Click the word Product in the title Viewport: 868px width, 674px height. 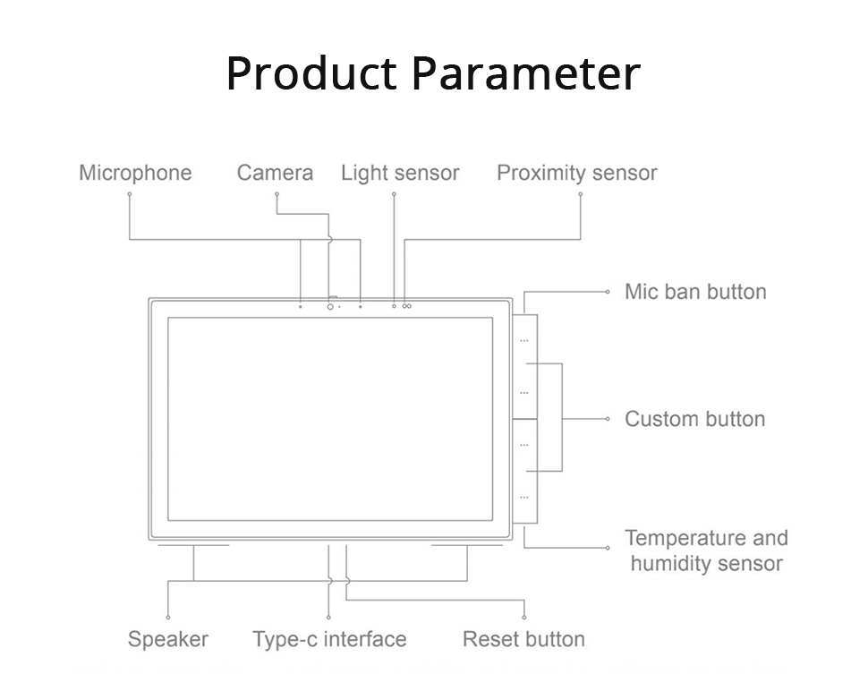click(x=311, y=73)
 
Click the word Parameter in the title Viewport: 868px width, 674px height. click(x=526, y=73)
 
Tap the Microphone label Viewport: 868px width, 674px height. click(x=135, y=173)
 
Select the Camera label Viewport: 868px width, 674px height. click(x=275, y=173)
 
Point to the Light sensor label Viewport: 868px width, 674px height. click(x=400, y=174)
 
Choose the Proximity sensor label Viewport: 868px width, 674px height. click(x=577, y=174)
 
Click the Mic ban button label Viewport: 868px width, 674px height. click(x=696, y=292)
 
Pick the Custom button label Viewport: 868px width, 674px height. click(x=695, y=419)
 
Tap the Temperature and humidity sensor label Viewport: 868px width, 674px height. click(x=706, y=550)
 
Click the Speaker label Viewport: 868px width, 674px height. click(x=168, y=639)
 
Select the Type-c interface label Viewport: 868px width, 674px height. click(x=329, y=639)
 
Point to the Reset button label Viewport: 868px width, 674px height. click(x=523, y=639)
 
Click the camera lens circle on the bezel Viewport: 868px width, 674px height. click(x=330, y=306)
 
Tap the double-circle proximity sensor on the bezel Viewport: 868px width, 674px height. click(x=407, y=306)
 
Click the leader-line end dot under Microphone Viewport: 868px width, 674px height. click(x=130, y=194)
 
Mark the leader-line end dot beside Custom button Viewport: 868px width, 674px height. click(x=608, y=419)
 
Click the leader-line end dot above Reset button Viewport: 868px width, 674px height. click(x=524, y=617)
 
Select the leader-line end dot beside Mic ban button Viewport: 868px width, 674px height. click(x=608, y=292)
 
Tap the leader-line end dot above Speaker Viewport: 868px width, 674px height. click(x=168, y=617)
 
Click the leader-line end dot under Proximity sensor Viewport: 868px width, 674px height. click(x=580, y=194)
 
